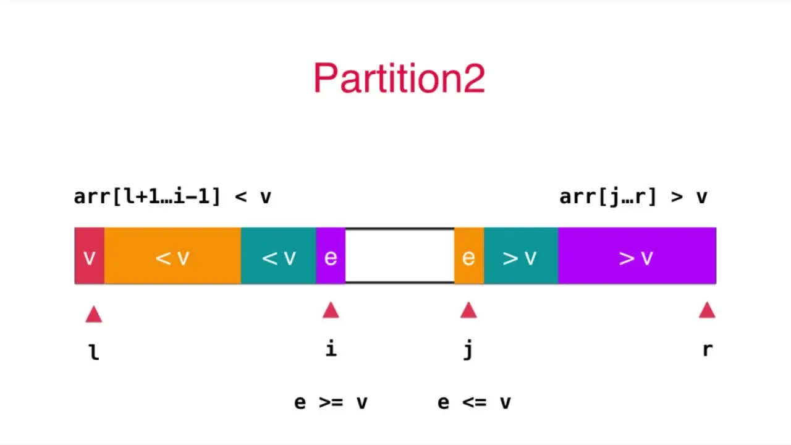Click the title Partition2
coord(399,78)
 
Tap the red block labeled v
coord(90,256)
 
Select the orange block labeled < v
coord(172,256)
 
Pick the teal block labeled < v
coord(279,256)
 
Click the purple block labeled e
coord(331,256)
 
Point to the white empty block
coord(400,256)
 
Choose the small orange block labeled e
coord(469,256)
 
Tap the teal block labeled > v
coord(521,256)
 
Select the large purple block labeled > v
coord(637,256)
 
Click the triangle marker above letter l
coord(94,315)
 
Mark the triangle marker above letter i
coord(331,310)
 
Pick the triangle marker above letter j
coord(468,310)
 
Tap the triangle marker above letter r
coord(707,310)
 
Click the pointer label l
coord(94,352)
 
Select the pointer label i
coord(331,349)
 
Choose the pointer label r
coord(707,350)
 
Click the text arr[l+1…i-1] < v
coord(172,197)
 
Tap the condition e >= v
coord(331,402)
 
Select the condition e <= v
coord(474,402)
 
